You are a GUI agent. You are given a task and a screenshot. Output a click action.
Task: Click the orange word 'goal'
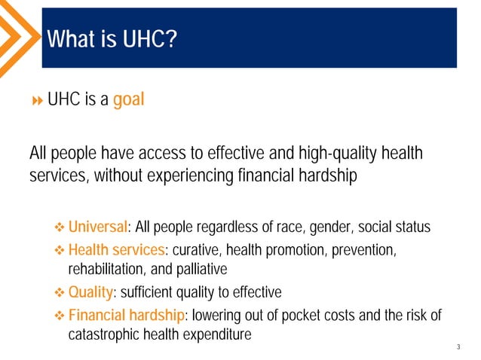128,101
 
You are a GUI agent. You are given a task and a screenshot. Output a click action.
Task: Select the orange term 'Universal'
97,227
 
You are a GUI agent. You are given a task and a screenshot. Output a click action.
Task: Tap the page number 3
458,347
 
